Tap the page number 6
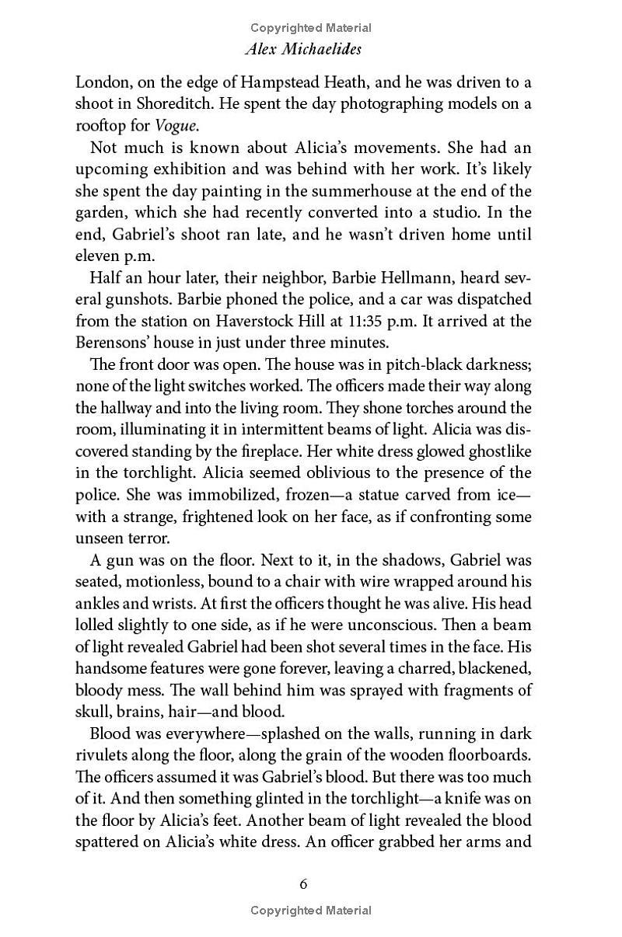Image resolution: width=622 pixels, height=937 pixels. [x=304, y=883]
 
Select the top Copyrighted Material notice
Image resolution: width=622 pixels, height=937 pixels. [x=311, y=28]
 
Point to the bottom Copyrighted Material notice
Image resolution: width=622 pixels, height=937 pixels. [x=311, y=911]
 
